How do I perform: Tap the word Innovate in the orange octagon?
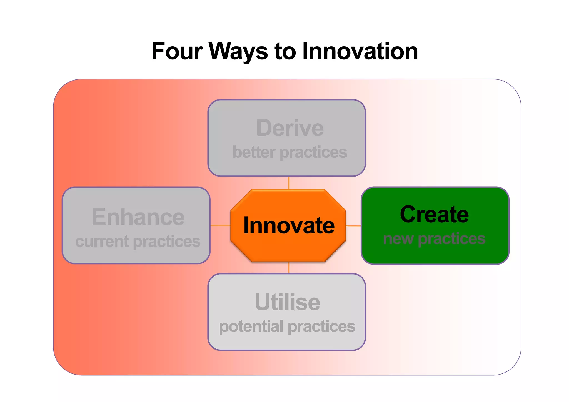pyautogui.click(x=289, y=225)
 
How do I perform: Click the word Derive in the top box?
pyautogui.click(x=290, y=128)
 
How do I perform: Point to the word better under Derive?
pyautogui.click(x=254, y=152)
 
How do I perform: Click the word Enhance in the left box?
pyautogui.click(x=138, y=217)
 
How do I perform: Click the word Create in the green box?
pyautogui.click(x=434, y=214)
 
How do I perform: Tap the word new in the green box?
pyautogui.click(x=398, y=239)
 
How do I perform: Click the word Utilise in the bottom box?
pyautogui.click(x=287, y=302)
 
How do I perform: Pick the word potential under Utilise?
pyautogui.click(x=251, y=326)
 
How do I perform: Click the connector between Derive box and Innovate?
pyautogui.click(x=289, y=183)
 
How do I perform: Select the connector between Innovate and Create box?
pyautogui.click(x=353, y=225)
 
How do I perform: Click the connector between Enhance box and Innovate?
pyautogui.click(x=220, y=225)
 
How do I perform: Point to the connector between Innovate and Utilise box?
pyautogui.click(x=289, y=268)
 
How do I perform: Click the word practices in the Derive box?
pyautogui.click(x=313, y=152)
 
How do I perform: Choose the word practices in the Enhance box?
pyautogui.click(x=167, y=242)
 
